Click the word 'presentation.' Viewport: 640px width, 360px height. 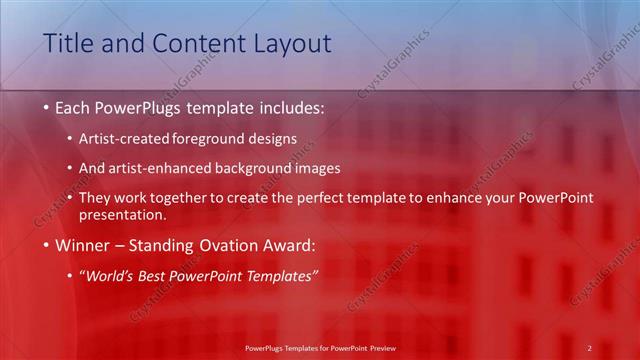pyautogui.click(x=121, y=214)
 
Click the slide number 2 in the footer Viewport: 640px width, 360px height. pyautogui.click(x=589, y=348)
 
